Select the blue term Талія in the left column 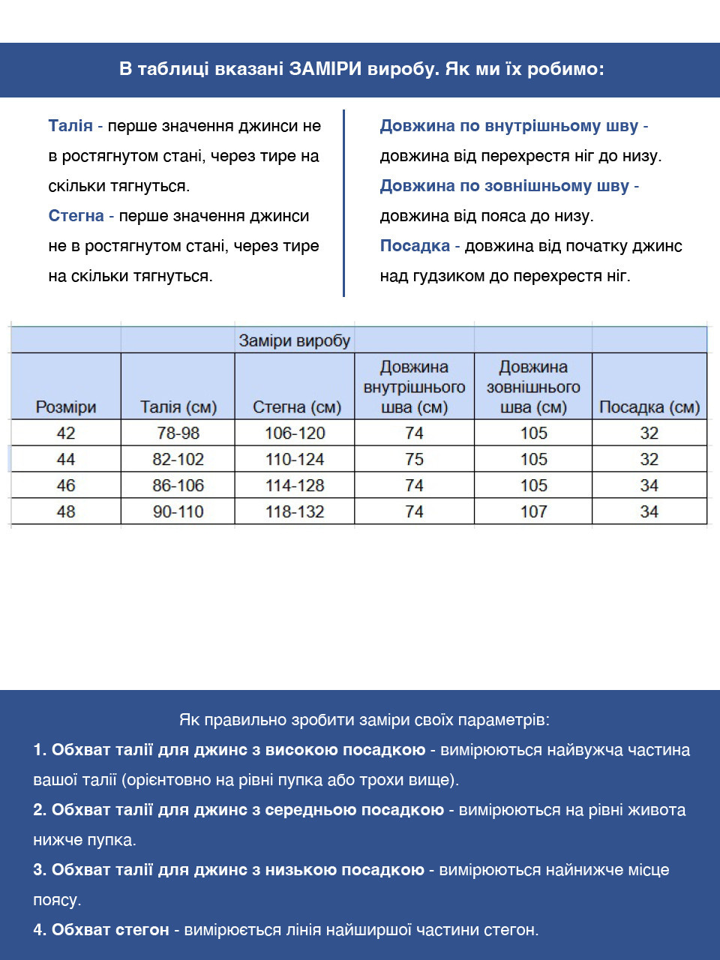(x=70, y=126)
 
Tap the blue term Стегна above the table (x=76, y=216)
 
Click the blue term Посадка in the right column (x=415, y=246)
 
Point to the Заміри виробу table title (x=294, y=340)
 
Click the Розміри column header (x=66, y=407)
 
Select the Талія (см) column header (x=178, y=407)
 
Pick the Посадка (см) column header (x=649, y=407)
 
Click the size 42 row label (x=66, y=433)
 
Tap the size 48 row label (x=66, y=511)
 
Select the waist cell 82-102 (x=178, y=459)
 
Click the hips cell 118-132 (x=294, y=511)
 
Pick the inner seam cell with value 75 (x=414, y=459)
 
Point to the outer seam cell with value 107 (x=533, y=511)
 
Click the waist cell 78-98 (x=178, y=433)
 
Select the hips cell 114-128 (x=294, y=485)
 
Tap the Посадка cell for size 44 (x=649, y=459)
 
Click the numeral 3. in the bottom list (x=40, y=870)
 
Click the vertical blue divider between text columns (x=343, y=202)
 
